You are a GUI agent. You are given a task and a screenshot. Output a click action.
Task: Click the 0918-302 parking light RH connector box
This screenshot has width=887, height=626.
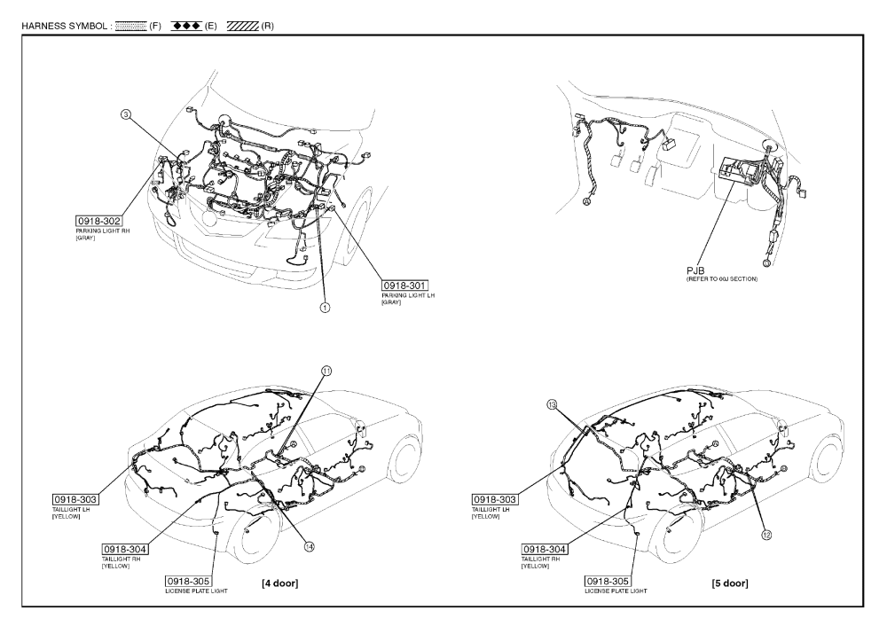(98, 219)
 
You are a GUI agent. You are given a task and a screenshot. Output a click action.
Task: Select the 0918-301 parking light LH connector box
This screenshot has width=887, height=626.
(405, 285)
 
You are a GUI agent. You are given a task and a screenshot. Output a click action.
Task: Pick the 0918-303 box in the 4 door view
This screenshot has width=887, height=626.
(75, 500)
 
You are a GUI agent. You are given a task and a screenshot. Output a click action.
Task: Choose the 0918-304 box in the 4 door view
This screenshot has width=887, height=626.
(125, 549)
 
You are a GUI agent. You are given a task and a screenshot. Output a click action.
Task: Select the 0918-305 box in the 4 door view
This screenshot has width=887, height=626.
(188, 580)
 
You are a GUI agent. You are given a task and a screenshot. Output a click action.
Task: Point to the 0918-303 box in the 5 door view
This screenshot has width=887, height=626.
(494, 500)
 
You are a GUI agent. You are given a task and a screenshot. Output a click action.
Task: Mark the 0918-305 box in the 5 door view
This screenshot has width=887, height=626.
(608, 580)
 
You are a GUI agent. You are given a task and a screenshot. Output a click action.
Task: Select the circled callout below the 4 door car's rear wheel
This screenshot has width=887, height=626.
(310, 546)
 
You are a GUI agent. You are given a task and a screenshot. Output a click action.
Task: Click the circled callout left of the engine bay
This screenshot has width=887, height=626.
(125, 113)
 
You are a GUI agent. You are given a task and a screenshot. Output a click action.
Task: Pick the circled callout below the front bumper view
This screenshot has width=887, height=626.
(324, 308)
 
